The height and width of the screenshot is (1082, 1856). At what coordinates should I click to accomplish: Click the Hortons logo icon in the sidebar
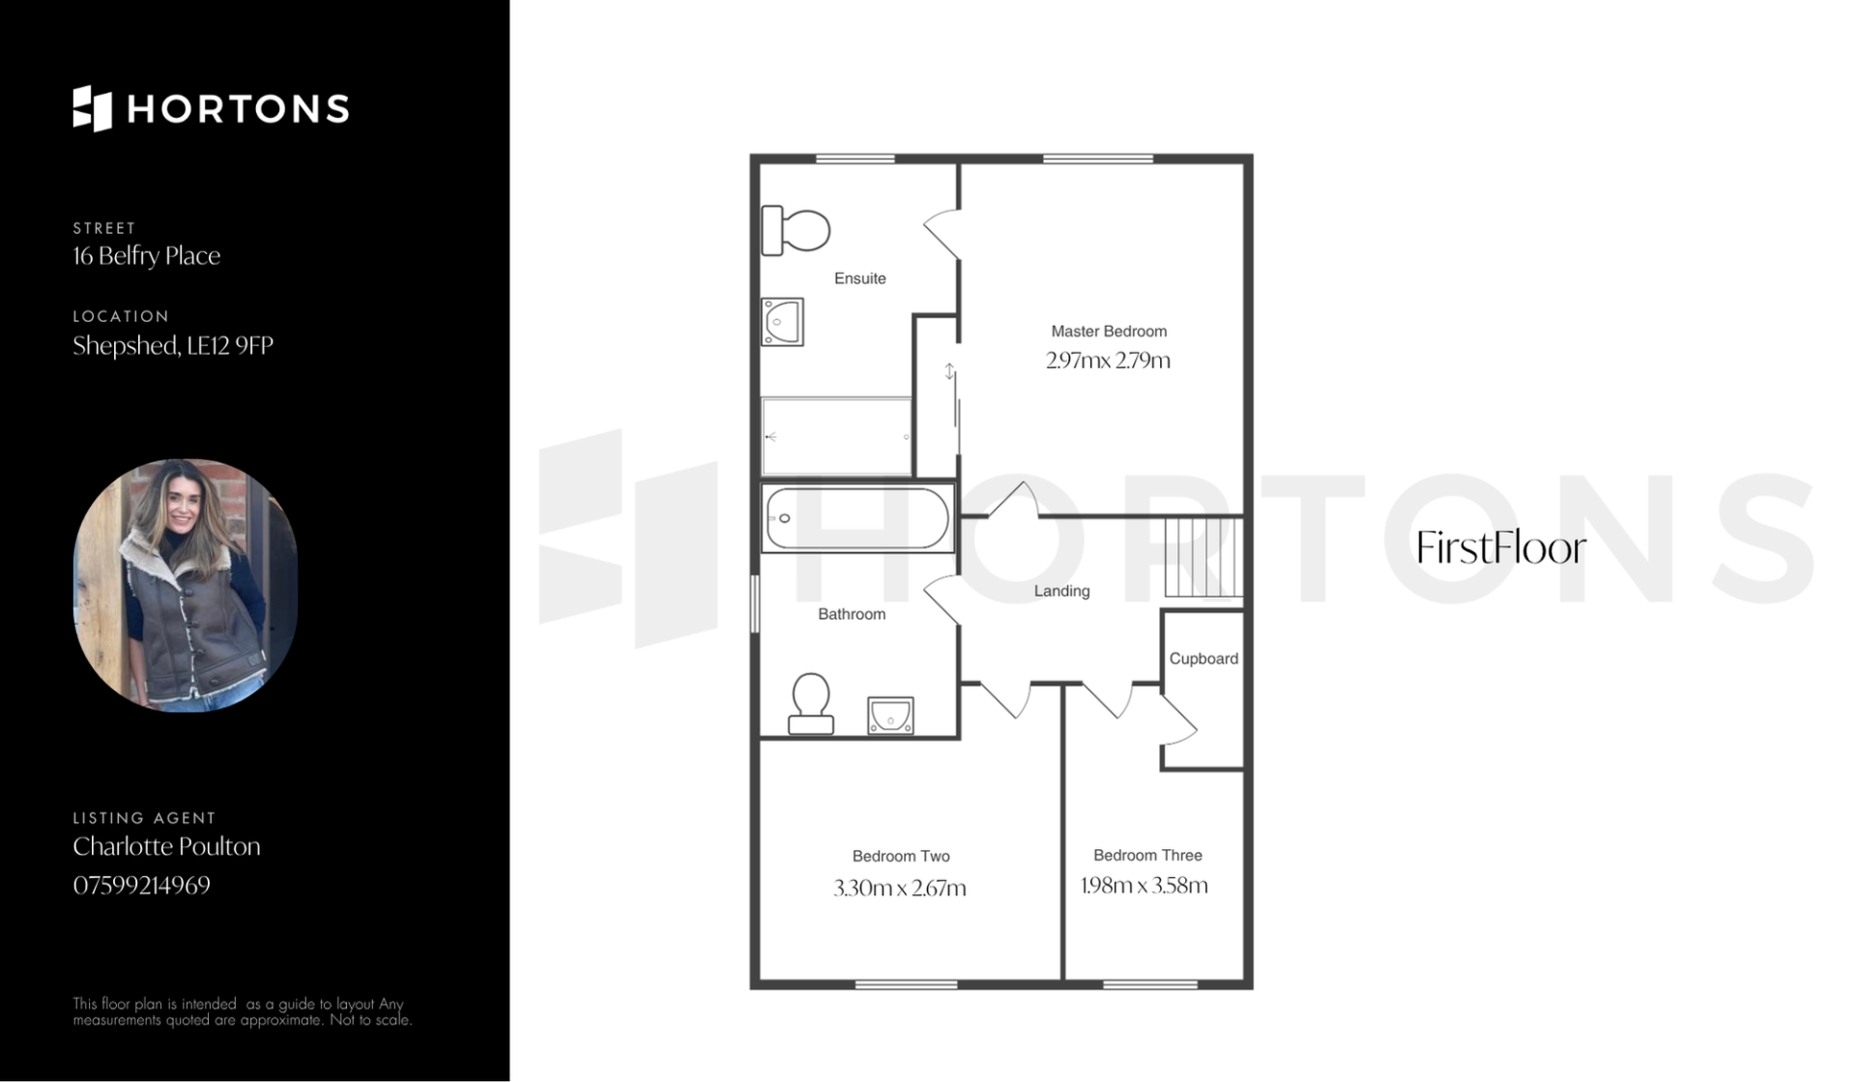(93, 108)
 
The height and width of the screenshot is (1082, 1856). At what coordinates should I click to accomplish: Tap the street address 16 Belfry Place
(147, 255)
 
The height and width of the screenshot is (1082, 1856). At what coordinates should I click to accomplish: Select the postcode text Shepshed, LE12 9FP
(173, 345)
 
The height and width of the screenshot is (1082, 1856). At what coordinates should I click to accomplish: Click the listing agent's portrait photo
(186, 585)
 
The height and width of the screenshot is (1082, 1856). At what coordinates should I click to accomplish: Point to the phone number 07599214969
(142, 886)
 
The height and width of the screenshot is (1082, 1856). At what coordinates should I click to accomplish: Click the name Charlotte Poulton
(167, 846)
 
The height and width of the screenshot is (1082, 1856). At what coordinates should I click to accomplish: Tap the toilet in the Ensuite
(796, 230)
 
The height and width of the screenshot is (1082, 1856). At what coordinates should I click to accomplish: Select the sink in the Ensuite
(782, 321)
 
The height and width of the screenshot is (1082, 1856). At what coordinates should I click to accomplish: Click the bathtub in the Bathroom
(857, 518)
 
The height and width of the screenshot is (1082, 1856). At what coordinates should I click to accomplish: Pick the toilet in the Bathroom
(811, 704)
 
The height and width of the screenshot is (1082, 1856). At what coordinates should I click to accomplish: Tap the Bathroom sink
(890, 716)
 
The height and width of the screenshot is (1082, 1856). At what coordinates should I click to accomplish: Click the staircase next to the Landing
(1203, 558)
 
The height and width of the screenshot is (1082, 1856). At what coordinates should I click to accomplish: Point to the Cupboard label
(1203, 658)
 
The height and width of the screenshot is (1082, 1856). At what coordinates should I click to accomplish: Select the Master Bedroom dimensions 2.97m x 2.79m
(1108, 361)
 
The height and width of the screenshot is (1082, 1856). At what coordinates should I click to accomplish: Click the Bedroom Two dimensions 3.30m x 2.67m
(900, 888)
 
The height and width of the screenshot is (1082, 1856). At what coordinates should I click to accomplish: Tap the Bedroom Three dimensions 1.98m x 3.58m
(1145, 886)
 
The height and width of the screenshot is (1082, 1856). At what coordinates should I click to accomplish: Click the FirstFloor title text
(1501, 548)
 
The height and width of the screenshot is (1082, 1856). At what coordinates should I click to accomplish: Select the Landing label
(1061, 591)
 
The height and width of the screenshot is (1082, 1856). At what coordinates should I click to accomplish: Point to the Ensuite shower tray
(836, 437)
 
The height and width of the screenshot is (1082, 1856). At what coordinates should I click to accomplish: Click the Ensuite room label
(860, 278)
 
